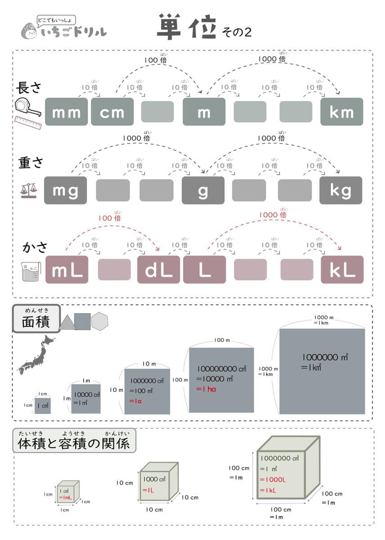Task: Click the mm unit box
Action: [67, 112]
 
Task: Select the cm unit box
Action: [112, 112]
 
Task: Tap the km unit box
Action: [341, 112]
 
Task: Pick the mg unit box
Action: [66, 190]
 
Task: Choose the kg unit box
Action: [340, 190]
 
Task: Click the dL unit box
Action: [158, 270]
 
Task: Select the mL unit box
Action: [67, 270]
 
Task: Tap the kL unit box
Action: [341, 270]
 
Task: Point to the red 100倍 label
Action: [110, 218]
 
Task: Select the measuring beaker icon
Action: [31, 272]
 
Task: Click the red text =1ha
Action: [206, 389]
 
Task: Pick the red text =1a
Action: [135, 400]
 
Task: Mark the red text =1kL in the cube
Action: [268, 490]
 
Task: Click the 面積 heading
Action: [36, 322]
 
